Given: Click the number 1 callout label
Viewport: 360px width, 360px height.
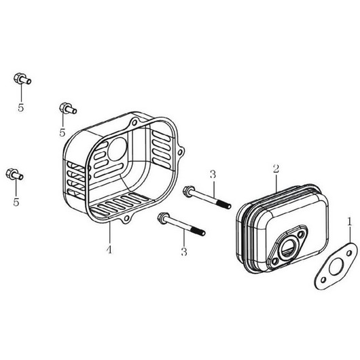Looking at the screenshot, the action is [x=349, y=222].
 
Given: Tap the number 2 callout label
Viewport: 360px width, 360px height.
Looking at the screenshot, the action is [x=276, y=168].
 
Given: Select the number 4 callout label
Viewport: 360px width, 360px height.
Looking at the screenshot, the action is [x=109, y=249].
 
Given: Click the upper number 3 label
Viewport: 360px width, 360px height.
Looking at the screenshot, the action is [x=213, y=175].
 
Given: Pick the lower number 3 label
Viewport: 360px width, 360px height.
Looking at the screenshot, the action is [x=184, y=251].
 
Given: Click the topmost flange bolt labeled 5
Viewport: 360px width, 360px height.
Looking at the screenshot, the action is [x=22, y=79].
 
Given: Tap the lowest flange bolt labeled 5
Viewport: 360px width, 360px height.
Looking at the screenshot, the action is [x=14, y=175].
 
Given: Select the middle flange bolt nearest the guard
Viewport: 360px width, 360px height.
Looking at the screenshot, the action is [x=68, y=108].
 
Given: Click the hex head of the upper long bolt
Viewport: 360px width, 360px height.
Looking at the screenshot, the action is [x=187, y=192].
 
